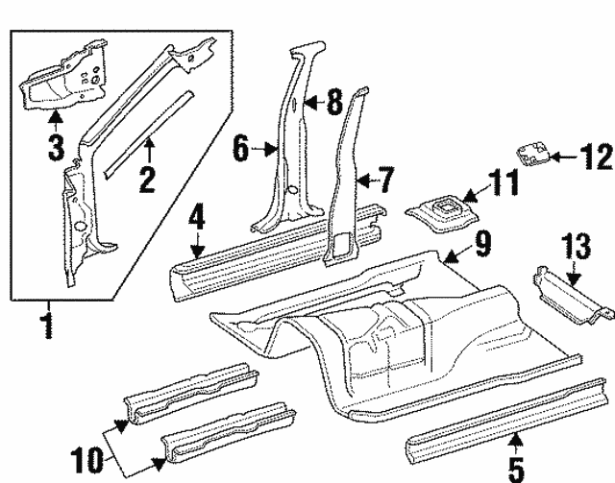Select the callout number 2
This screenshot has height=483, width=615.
(x=148, y=180)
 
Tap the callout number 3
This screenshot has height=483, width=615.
(x=56, y=148)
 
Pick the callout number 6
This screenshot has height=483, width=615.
(x=242, y=149)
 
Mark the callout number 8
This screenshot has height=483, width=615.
(x=332, y=103)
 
